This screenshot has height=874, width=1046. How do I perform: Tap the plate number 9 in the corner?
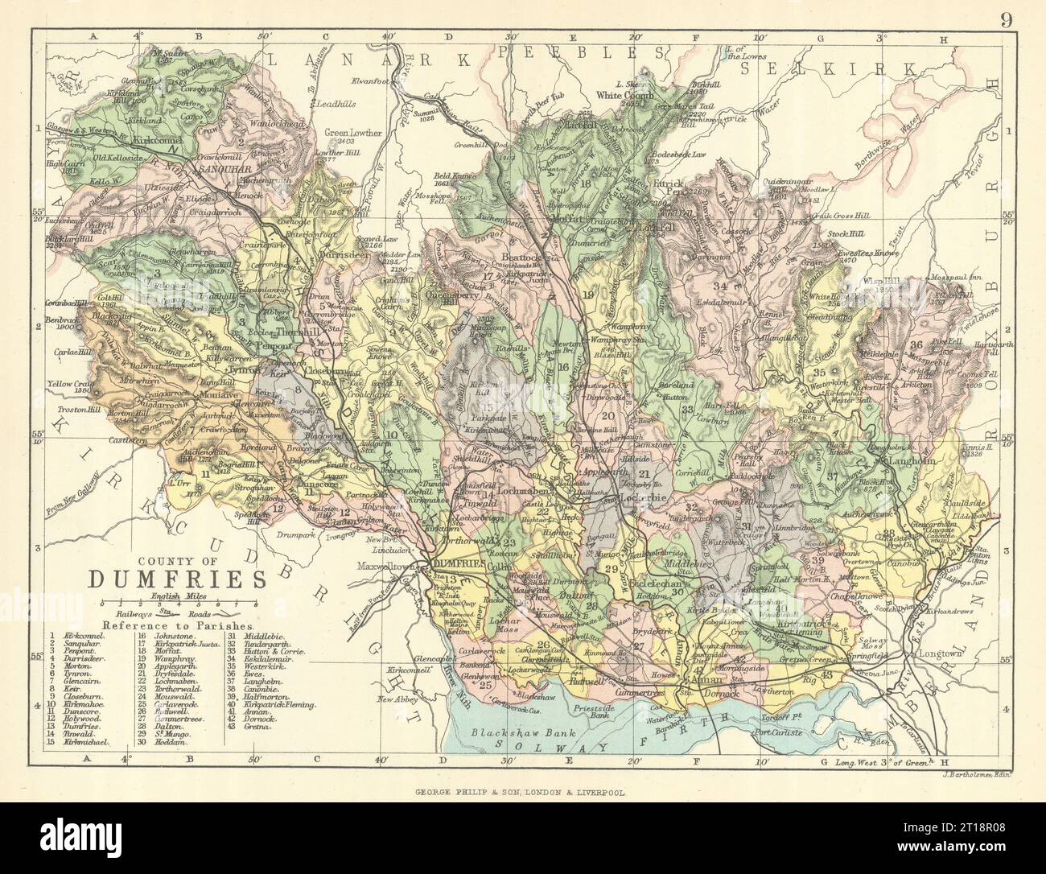[1006, 19]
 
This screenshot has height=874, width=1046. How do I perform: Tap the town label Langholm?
[912, 462]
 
